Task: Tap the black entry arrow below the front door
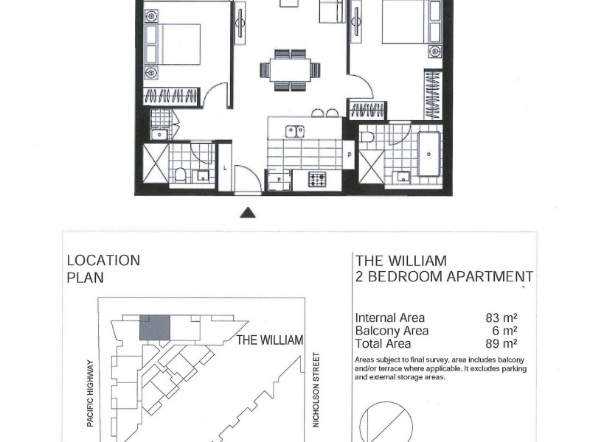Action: point(249,213)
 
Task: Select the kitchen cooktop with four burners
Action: point(317,179)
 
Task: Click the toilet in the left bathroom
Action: point(181,175)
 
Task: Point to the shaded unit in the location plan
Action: point(155,327)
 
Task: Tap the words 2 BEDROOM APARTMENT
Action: point(444,277)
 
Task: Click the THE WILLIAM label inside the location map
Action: point(270,340)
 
